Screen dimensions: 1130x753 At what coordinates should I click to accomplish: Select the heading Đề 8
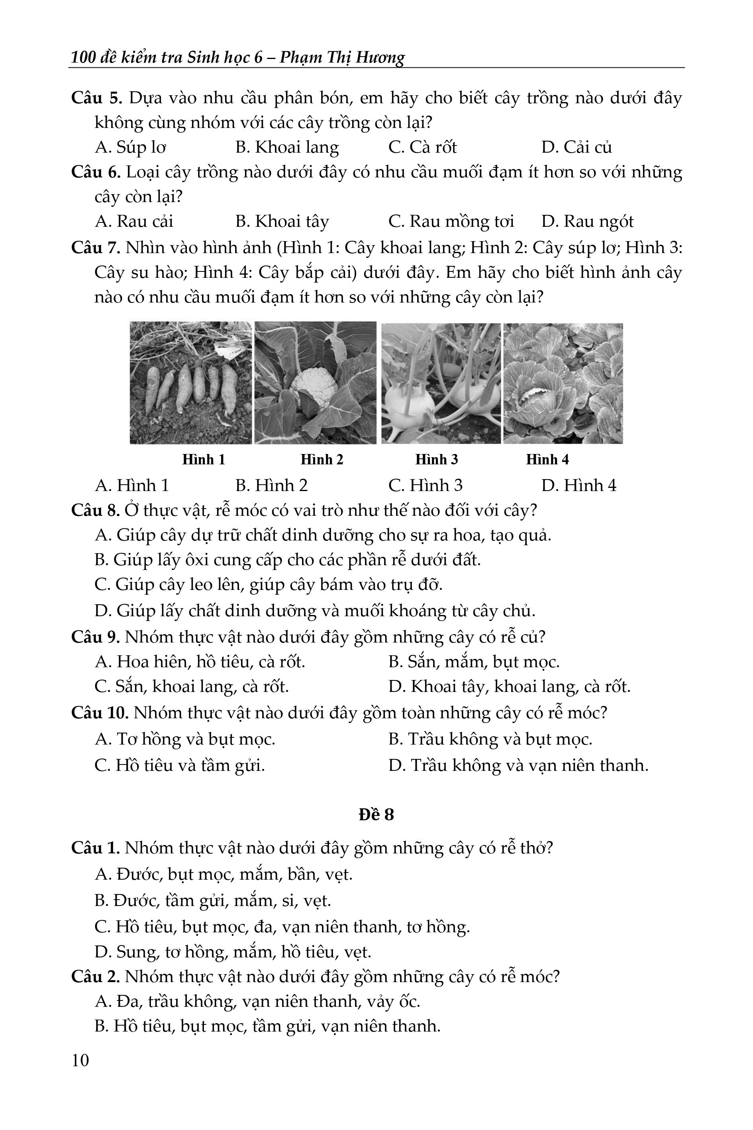tap(376, 814)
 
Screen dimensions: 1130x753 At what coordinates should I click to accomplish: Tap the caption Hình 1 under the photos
tap(204, 460)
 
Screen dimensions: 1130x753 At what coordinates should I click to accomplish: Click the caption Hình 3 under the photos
tap(437, 460)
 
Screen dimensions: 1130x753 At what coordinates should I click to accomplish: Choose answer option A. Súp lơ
tap(131, 147)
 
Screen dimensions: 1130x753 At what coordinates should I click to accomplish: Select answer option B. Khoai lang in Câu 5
tap(287, 147)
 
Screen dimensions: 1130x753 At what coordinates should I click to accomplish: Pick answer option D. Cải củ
tap(576, 147)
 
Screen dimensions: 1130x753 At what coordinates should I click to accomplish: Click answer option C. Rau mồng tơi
tap(451, 222)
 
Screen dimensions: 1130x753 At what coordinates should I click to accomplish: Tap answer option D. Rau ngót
tap(587, 222)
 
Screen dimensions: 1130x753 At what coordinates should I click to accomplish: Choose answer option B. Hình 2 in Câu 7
tap(271, 485)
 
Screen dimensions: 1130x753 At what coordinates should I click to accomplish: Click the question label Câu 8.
tap(95, 510)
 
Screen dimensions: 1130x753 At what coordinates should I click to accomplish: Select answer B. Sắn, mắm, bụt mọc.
tap(474, 662)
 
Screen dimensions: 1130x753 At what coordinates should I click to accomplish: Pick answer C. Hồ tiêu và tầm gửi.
tap(180, 765)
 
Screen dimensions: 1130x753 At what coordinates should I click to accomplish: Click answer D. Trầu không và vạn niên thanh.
tap(518, 765)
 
